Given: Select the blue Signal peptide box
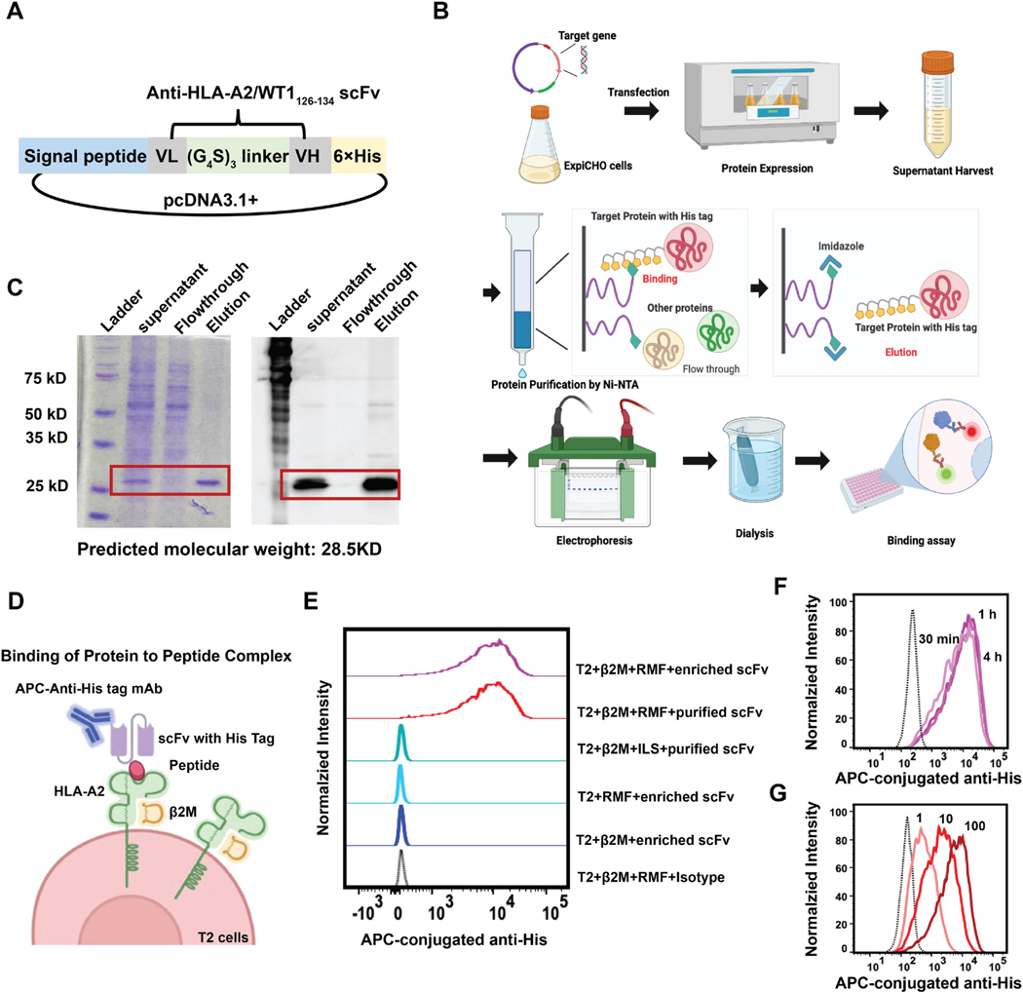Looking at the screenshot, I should click(x=81, y=155).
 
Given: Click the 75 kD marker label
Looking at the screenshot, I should click(x=43, y=377).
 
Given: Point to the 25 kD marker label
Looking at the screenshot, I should click(x=43, y=484).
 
